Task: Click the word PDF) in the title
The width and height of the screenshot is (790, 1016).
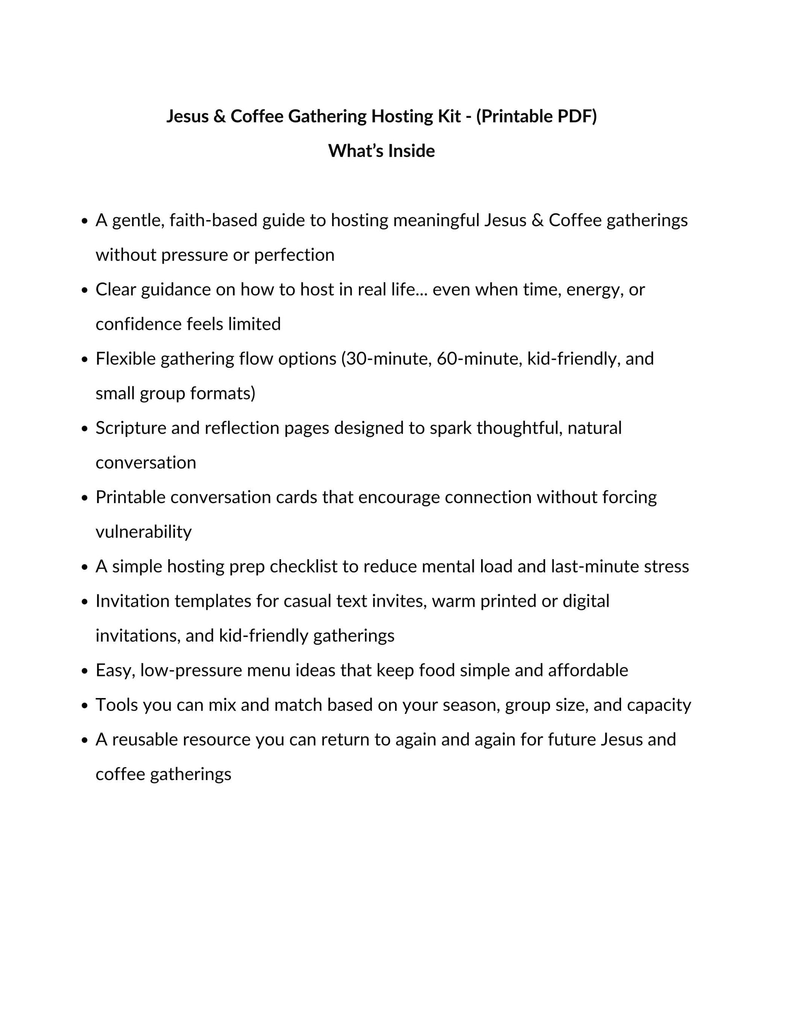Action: coord(577,116)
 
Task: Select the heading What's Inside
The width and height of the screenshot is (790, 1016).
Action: coord(381,151)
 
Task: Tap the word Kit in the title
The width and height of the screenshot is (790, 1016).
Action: coord(449,116)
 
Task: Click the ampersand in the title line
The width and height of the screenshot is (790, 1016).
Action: coord(220,116)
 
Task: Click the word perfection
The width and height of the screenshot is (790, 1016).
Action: coord(294,255)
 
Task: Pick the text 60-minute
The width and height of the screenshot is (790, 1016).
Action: coord(479,359)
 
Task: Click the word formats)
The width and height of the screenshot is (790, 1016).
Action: coord(223,393)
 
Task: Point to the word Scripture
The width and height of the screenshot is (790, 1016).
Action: coord(131,428)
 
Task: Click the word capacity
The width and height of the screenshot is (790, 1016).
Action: coord(659,705)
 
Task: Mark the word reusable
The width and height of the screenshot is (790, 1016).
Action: coord(144,740)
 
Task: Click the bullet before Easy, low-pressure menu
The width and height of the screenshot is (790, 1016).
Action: coord(84,671)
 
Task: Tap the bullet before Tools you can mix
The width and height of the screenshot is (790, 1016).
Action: coord(84,706)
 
